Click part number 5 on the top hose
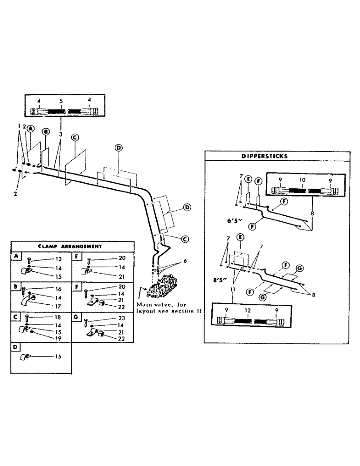pyautogui.click(x=61, y=101)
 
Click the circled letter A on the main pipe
pyautogui.click(x=30, y=128)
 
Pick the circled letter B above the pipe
pyautogui.click(x=46, y=132)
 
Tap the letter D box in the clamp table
pyautogui.click(x=15, y=348)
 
